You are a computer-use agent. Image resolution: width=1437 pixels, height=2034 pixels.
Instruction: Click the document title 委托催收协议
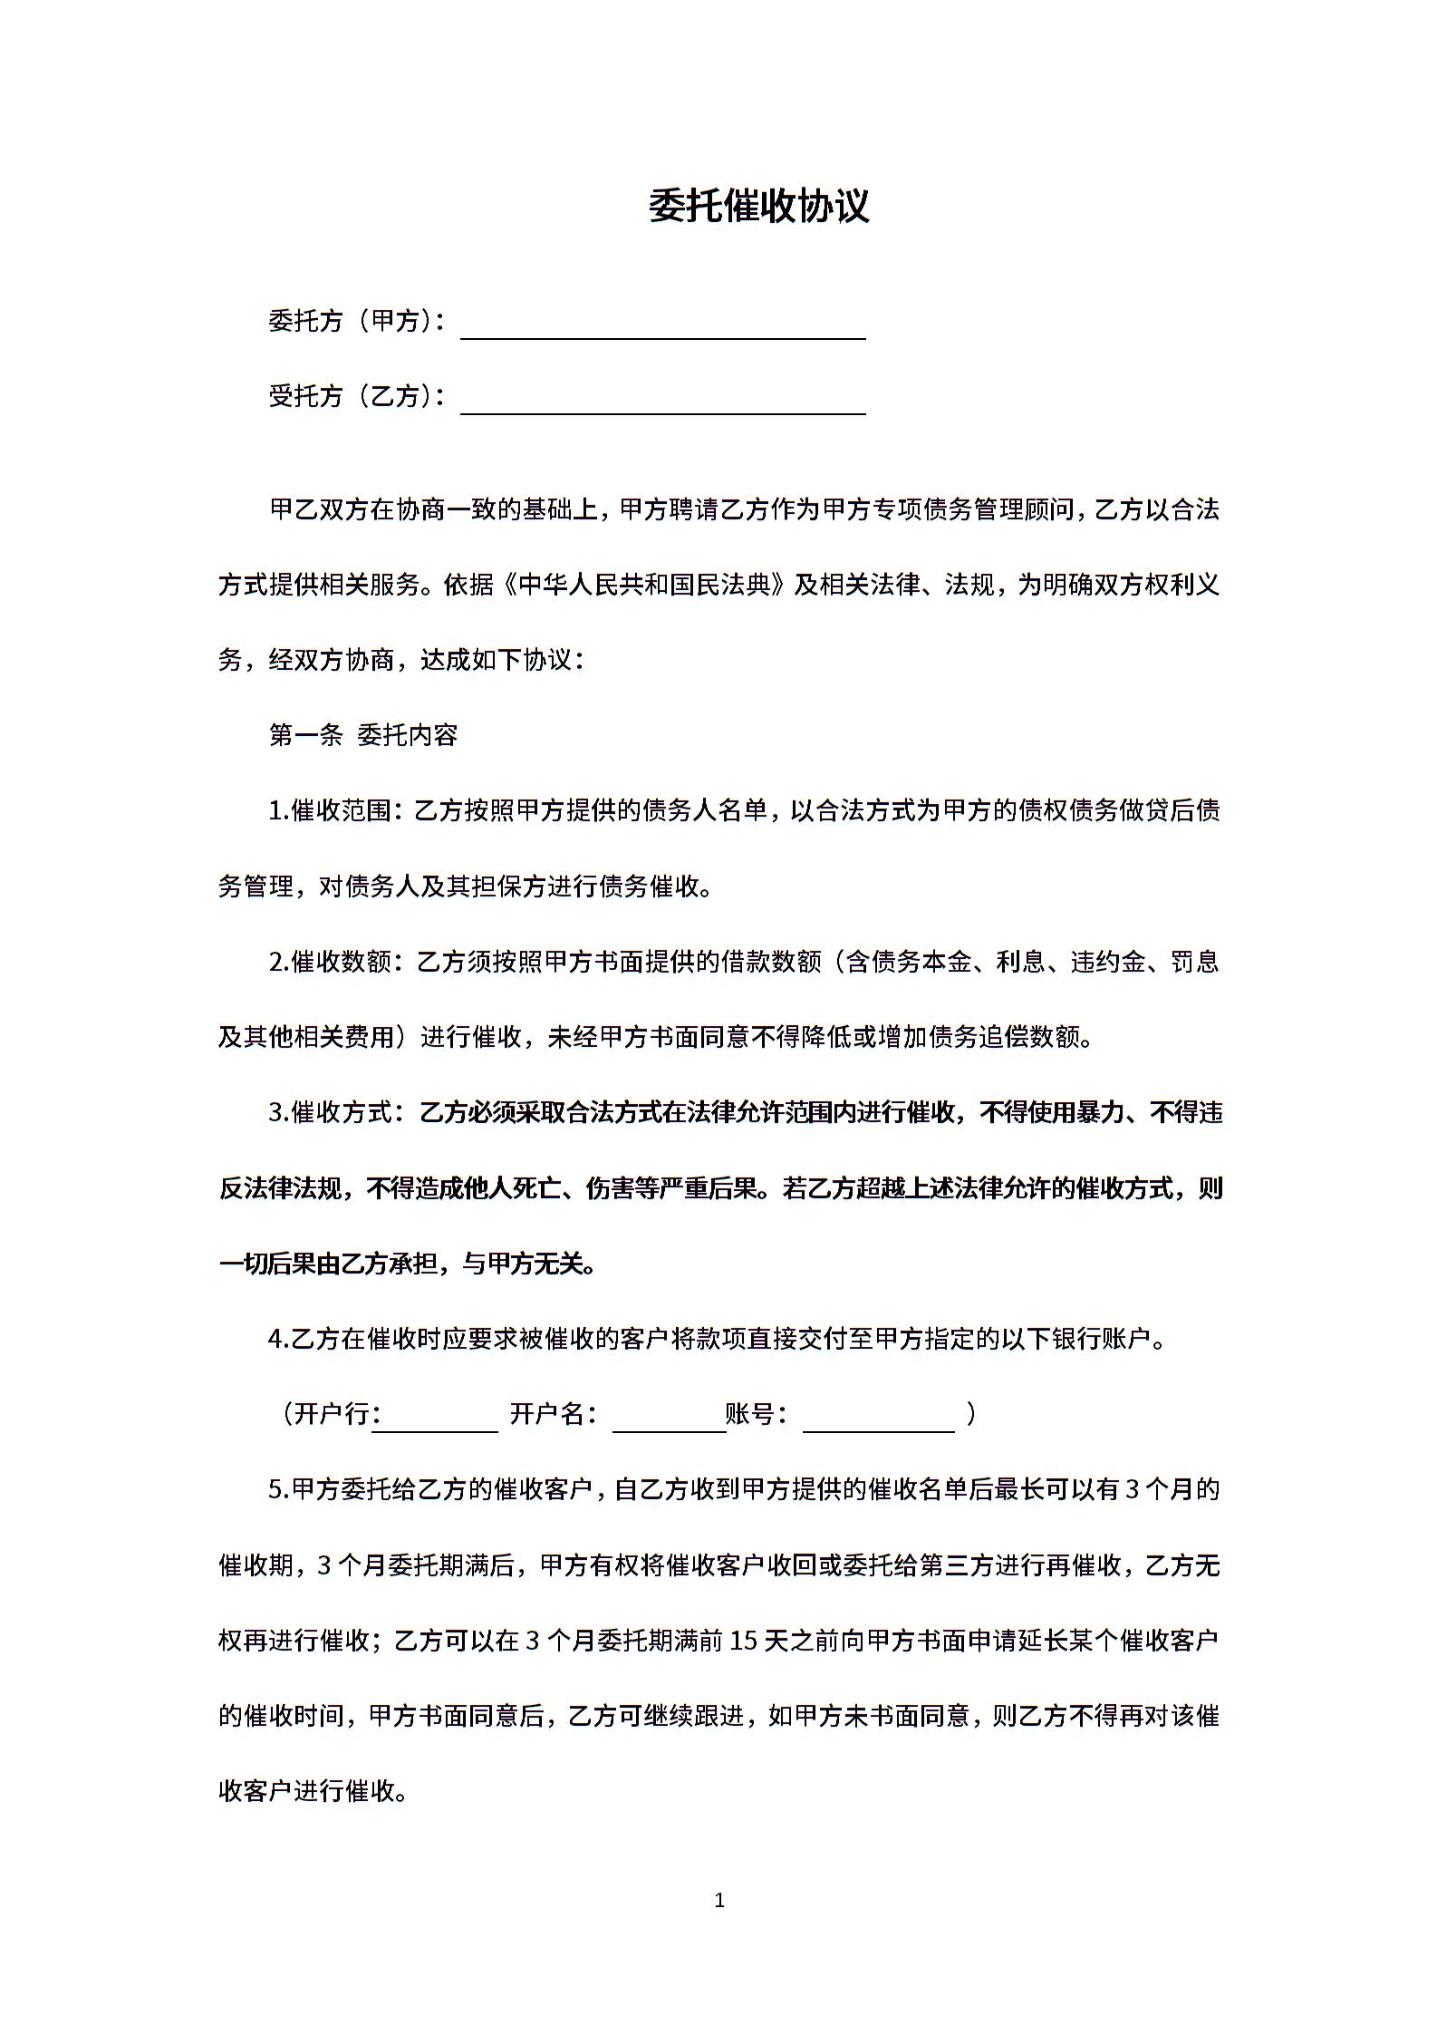click(758, 207)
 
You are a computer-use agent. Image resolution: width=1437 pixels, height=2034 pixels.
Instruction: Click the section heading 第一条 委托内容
click(363, 735)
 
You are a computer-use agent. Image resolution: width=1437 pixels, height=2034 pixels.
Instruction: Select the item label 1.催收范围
click(331, 810)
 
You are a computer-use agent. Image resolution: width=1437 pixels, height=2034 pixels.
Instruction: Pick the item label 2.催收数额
click(331, 961)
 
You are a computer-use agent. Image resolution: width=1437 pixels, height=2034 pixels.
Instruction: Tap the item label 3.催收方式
click(331, 1112)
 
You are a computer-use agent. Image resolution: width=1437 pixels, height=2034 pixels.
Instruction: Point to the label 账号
click(751, 1414)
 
